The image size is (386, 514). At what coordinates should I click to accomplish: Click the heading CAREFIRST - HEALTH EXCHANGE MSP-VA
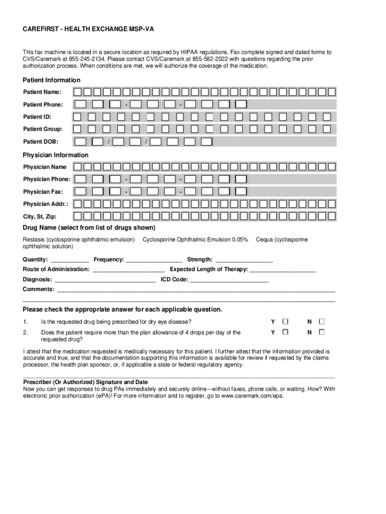[88, 30]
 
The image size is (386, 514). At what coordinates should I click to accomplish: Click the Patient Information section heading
[52, 80]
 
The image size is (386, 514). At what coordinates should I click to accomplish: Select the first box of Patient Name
[78, 92]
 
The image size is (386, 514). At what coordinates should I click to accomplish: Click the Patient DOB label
[40, 142]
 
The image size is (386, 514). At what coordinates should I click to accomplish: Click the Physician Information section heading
[56, 155]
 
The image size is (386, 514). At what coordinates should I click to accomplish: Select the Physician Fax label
[43, 192]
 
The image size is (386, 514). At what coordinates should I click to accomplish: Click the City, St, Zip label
[40, 217]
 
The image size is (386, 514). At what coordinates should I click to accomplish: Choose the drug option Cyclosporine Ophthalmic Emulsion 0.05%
[196, 239]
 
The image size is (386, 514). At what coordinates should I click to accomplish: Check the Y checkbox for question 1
[285, 321]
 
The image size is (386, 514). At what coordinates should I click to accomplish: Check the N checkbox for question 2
[322, 332]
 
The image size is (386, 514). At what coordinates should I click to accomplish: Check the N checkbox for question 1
[322, 321]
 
